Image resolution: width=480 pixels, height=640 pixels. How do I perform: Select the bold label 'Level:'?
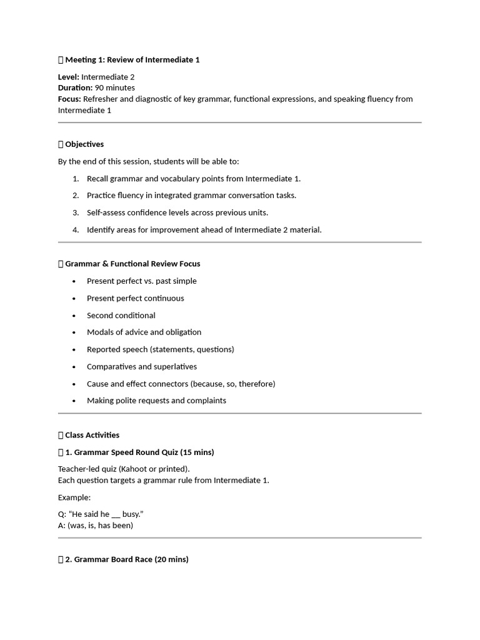click(x=69, y=77)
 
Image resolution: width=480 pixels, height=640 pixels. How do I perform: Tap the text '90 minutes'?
click(x=115, y=88)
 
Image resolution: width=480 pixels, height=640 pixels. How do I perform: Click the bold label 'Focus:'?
click(x=69, y=99)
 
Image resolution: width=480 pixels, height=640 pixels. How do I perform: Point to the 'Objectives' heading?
click(x=84, y=144)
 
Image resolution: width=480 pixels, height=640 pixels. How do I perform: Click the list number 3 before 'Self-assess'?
click(x=76, y=212)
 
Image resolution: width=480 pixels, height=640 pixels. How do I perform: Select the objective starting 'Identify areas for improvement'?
click(x=204, y=230)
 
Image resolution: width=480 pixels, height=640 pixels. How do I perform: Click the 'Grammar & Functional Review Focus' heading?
click(x=132, y=264)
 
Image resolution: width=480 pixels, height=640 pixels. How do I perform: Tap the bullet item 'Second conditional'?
click(x=121, y=316)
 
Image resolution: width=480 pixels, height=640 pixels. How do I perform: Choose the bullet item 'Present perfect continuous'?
click(x=136, y=298)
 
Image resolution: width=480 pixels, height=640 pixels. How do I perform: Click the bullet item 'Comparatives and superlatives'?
click(x=142, y=367)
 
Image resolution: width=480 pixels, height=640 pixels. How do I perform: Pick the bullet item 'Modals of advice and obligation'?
click(x=144, y=332)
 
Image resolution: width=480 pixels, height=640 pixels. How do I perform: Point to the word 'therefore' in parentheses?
click(x=255, y=384)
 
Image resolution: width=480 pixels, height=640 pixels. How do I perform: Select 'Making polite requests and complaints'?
click(x=156, y=401)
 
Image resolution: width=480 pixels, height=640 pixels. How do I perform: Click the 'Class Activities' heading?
click(x=92, y=435)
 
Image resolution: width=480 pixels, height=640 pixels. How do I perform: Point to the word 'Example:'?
click(x=74, y=497)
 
